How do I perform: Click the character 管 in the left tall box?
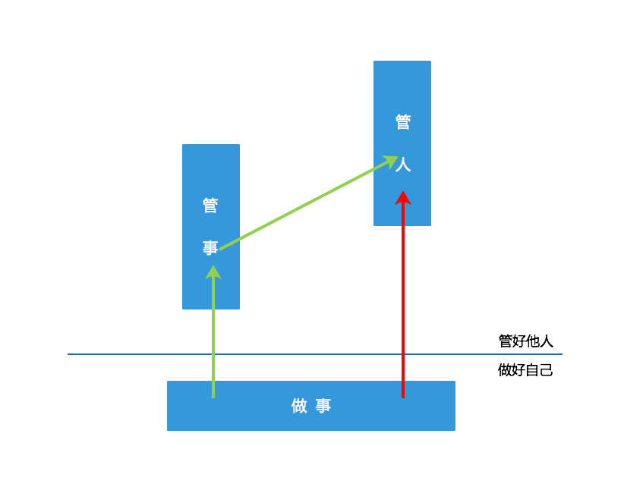[x=210, y=205]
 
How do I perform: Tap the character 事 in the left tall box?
[x=210, y=248]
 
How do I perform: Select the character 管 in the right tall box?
[x=403, y=122]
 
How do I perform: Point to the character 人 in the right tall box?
[x=403, y=165]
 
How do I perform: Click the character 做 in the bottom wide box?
[x=299, y=406]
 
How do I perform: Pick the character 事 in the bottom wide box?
[x=323, y=406]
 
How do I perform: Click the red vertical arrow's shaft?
[x=403, y=303]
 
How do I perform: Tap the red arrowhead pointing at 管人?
[x=403, y=197]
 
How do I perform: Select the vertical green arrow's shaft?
[x=213, y=341]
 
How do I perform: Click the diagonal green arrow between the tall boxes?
[x=304, y=205]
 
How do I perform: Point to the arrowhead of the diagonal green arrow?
[x=391, y=160]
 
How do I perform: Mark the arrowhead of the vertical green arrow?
[x=213, y=272]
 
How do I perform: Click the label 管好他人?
[x=525, y=341]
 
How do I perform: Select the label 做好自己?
[x=525, y=370]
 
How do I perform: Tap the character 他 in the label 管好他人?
[x=533, y=341]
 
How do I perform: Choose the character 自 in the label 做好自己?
[x=533, y=370]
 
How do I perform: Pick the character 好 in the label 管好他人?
[x=519, y=341]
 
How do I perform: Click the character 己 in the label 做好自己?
[x=547, y=370]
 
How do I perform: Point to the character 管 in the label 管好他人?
[x=506, y=341]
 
